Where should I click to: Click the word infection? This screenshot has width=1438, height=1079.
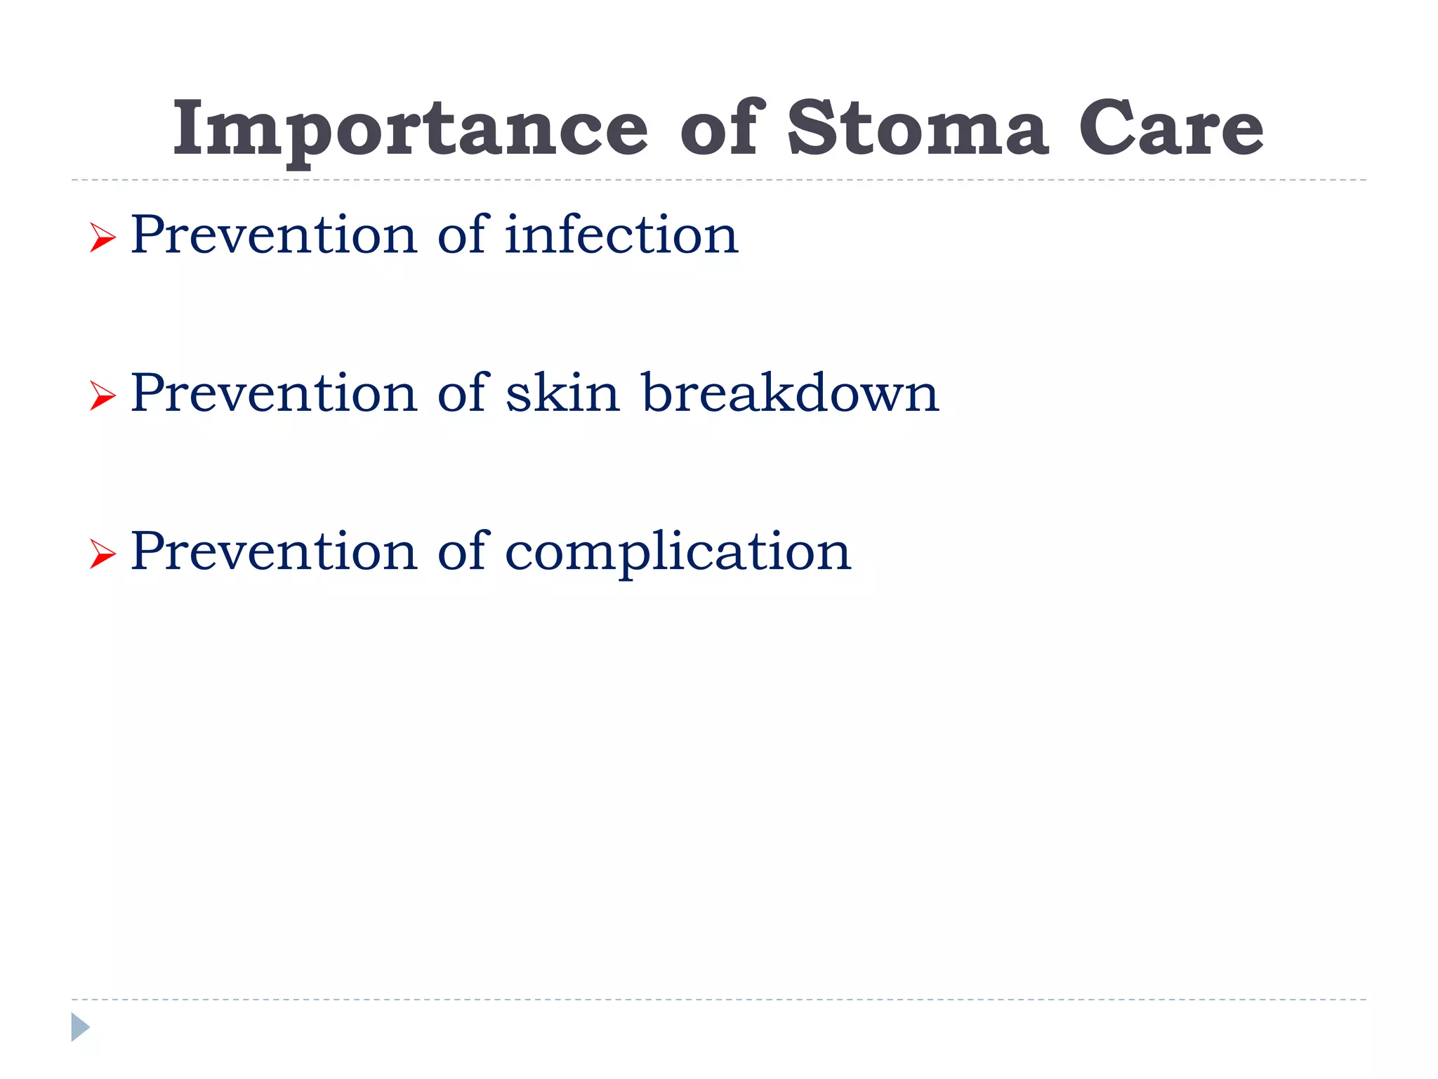(x=621, y=235)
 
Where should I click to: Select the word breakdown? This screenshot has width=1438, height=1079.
(x=790, y=393)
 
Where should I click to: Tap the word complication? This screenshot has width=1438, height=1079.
(x=678, y=552)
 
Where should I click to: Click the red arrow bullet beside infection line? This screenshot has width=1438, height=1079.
(x=103, y=238)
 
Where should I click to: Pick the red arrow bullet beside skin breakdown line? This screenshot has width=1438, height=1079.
(x=103, y=396)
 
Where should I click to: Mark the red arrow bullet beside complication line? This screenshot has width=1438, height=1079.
(x=103, y=555)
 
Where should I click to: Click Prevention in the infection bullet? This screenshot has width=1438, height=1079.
(x=274, y=235)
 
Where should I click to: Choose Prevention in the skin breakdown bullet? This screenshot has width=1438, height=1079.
(x=274, y=393)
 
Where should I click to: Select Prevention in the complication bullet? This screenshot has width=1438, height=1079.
(x=274, y=551)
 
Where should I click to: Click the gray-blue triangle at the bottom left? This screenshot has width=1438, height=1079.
(x=79, y=1027)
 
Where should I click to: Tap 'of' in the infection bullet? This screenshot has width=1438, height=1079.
(x=462, y=235)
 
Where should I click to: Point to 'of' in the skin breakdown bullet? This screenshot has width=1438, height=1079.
(x=462, y=393)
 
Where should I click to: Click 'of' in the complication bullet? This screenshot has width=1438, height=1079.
(x=462, y=551)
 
